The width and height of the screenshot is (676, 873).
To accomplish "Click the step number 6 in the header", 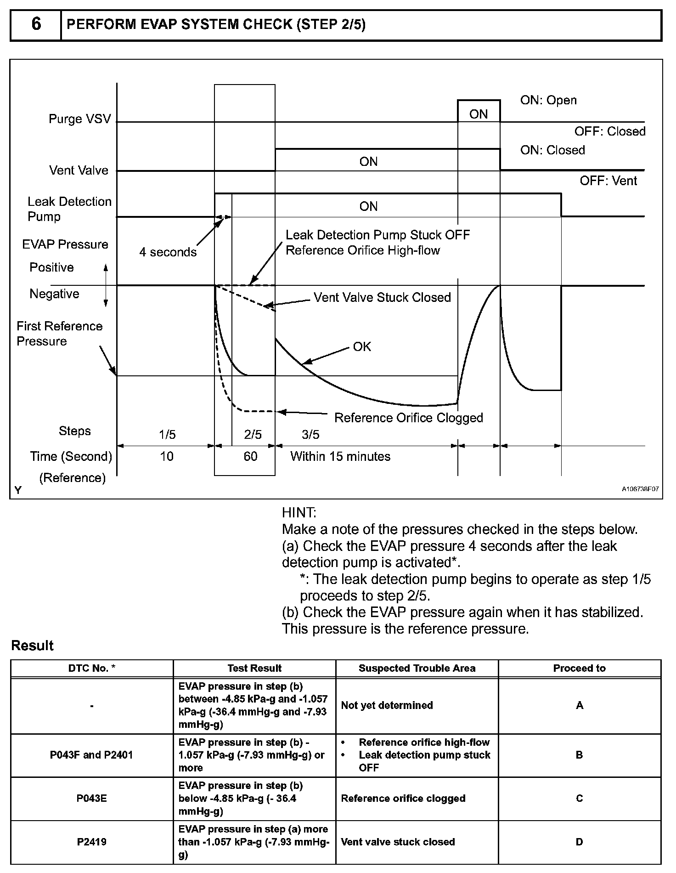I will (36, 25).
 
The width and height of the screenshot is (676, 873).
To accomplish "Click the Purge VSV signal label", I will (80, 119).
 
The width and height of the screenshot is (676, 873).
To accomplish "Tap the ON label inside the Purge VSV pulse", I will (479, 114).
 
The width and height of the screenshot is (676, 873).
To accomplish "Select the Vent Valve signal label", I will (79, 170).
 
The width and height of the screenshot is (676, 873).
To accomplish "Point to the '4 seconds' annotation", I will (168, 252).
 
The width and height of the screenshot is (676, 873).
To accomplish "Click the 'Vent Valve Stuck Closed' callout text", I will (382, 298).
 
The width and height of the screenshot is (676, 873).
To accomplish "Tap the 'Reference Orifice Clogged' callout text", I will (409, 418).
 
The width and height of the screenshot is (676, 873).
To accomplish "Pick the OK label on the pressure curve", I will (362, 347).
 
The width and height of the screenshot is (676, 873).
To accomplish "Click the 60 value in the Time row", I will (250, 456).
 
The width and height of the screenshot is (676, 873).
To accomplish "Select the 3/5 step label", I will (310, 435).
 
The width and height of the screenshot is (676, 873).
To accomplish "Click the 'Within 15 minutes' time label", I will (340, 456).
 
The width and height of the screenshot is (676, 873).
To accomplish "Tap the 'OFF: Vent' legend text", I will (608, 181).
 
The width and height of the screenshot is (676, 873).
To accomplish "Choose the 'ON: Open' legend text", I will (548, 101).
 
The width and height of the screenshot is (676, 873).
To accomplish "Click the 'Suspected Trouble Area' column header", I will (417, 669).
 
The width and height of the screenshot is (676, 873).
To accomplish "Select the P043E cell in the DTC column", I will (92, 799).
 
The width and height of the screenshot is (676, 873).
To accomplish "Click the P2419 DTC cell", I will (92, 842).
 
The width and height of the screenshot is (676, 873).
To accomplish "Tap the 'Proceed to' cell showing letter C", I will (580, 799).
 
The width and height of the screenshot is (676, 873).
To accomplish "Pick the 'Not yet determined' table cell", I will (387, 705).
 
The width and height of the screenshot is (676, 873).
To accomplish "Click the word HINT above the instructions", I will (299, 513).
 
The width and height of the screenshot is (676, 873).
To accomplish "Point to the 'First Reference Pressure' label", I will (60, 334).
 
